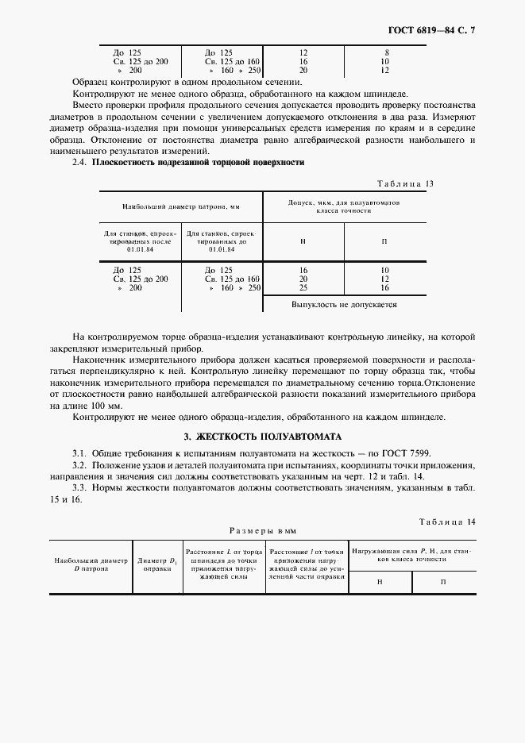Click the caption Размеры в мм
coord(262,530)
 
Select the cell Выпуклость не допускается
coord(344,304)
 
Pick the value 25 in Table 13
coord(303,287)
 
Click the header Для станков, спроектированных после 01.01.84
coord(141,241)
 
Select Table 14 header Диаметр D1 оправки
coord(156,564)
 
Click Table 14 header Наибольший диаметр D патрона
coord(91,564)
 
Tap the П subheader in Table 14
coord(443,582)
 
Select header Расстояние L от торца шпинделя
coord(223,564)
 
